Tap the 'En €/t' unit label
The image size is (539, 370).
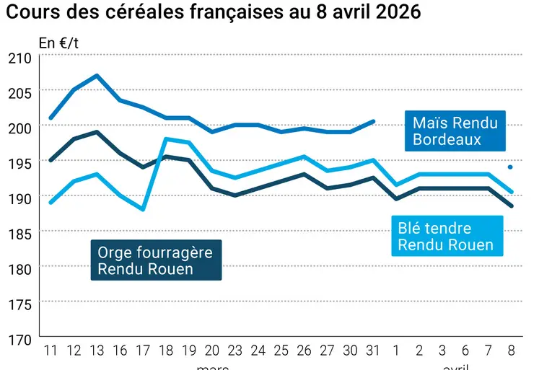[x=59, y=43]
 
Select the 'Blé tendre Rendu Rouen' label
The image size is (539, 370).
[x=445, y=237]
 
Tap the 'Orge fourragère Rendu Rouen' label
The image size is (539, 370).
[x=156, y=260]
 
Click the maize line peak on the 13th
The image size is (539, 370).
[x=97, y=75]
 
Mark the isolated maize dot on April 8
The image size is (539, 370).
[x=510, y=167]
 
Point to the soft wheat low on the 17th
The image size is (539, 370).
[x=143, y=209]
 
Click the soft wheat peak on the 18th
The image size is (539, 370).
[x=166, y=139]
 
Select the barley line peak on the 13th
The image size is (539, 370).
[x=97, y=132]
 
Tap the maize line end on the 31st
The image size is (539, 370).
[x=372, y=121]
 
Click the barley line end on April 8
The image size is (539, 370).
[x=512, y=206]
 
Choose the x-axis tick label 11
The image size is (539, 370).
[x=51, y=352]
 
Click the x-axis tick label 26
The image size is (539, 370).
[x=304, y=352]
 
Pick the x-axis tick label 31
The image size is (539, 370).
[x=372, y=352]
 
